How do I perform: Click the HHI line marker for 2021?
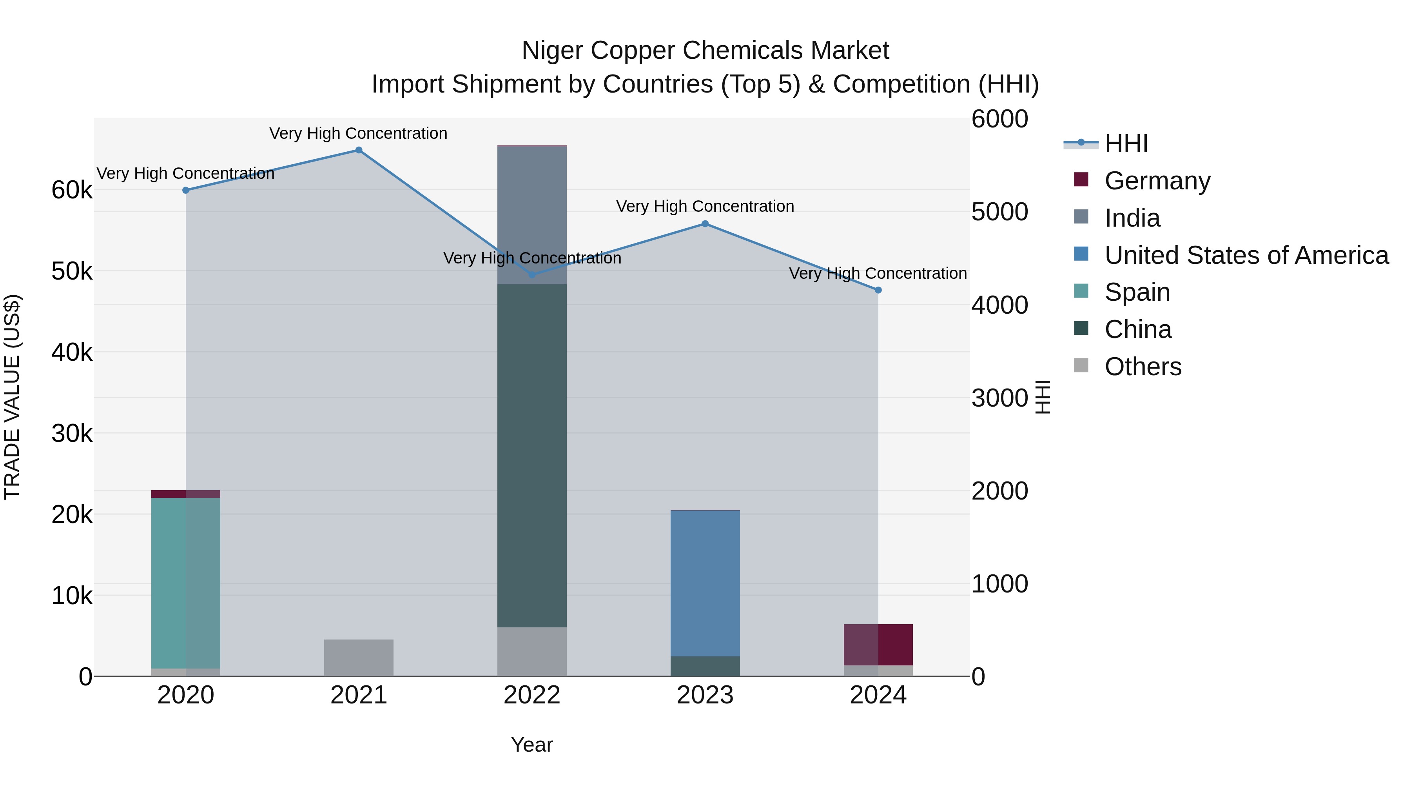point(359,150)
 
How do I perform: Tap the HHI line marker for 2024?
point(878,290)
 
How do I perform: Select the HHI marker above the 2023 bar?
point(705,223)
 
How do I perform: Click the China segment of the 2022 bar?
point(532,455)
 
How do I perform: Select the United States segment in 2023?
point(705,583)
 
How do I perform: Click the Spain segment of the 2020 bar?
point(186,583)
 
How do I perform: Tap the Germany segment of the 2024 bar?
point(878,644)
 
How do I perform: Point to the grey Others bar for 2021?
point(359,658)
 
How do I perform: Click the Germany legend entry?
point(1157,181)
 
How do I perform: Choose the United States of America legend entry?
point(1246,255)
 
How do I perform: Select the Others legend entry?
point(1143,367)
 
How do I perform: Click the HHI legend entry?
point(1126,144)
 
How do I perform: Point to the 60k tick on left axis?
point(72,190)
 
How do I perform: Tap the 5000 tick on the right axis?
point(999,212)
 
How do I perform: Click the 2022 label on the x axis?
point(532,695)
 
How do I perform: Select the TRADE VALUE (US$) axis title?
point(12,397)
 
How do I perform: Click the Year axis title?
point(532,745)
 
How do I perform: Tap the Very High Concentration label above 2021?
point(358,133)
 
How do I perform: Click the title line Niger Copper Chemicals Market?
point(705,51)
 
